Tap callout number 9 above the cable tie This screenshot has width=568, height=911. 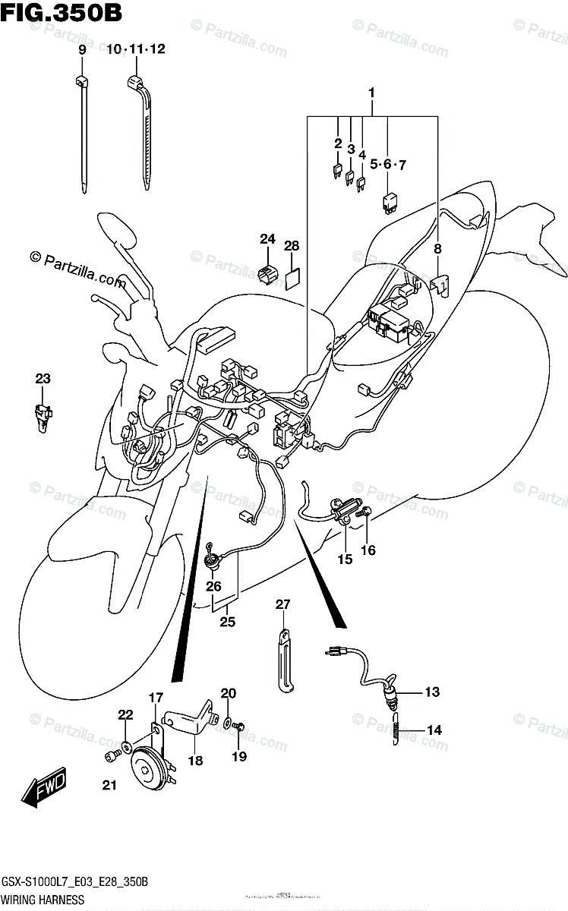click(82, 49)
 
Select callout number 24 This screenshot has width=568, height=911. click(267, 239)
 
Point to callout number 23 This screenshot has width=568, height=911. click(43, 379)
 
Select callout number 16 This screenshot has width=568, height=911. click(368, 550)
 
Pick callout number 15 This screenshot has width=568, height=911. click(345, 560)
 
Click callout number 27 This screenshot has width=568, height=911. click(282, 605)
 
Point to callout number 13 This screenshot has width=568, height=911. click(432, 692)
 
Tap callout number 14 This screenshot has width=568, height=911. click(434, 730)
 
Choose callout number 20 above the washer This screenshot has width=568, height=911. click(229, 693)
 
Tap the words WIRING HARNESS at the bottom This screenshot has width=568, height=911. click(42, 900)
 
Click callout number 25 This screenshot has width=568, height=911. click(227, 623)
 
